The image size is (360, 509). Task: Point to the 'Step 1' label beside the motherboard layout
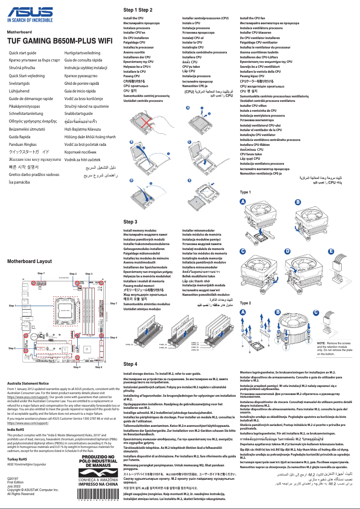13,305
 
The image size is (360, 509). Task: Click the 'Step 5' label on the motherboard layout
12,348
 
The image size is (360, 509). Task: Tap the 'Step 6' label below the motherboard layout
99,367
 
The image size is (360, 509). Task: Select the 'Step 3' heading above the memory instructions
130,222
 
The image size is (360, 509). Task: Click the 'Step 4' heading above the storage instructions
130,364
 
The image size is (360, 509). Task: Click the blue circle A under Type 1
243,202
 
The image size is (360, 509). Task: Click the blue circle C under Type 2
316,312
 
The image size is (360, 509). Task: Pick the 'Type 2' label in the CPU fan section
246,303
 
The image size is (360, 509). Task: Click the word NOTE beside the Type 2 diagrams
322,343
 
